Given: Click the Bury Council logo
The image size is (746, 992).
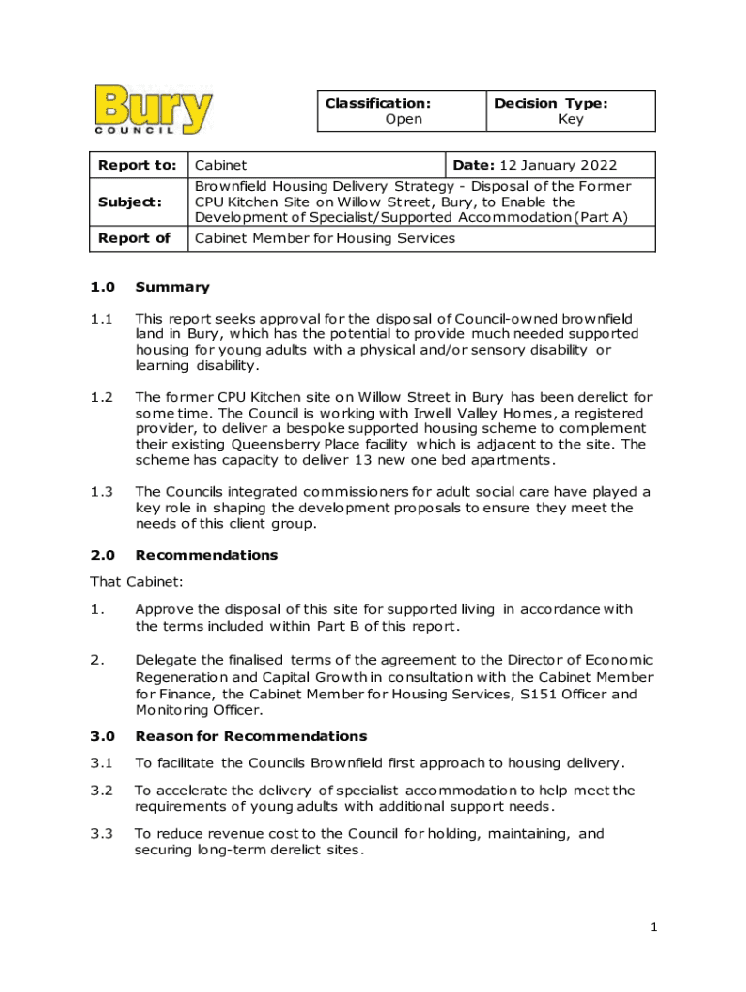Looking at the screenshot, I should coord(154,109).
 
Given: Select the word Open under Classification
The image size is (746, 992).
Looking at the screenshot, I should coord(403,120).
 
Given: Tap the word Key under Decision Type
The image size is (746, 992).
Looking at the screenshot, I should coord(571,120).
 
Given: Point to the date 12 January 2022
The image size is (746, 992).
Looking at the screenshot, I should coord(559,166).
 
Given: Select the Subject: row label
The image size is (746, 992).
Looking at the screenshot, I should coord(128,201).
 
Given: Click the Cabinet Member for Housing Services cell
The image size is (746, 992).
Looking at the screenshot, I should coord(325,238).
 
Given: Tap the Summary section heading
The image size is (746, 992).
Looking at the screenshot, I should coord(172,287).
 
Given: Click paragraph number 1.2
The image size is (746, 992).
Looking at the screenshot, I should coord(103,397).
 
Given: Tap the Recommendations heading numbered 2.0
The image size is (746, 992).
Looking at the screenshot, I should coord(206,555).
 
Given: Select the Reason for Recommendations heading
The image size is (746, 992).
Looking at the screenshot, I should coord(251,736).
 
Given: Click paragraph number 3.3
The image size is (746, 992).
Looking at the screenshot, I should coord(102,834).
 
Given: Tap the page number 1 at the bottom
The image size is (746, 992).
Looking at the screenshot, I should coord(654,928).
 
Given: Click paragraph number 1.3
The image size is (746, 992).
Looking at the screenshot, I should coord(103,492).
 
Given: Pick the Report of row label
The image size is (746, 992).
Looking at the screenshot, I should coord(135,238).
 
